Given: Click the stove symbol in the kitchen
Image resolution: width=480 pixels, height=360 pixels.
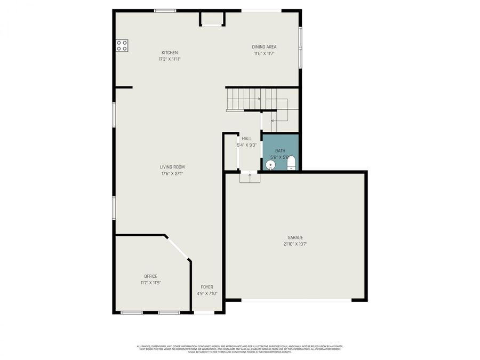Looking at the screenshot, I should (x=122, y=45).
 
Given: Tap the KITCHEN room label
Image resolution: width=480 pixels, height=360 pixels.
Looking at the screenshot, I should (x=170, y=52).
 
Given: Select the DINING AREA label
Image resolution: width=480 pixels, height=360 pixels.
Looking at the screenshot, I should (x=264, y=47).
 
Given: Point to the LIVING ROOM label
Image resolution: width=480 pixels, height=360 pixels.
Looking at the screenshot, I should (x=172, y=167).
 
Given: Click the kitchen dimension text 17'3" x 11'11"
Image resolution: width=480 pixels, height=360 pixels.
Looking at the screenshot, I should (x=170, y=59).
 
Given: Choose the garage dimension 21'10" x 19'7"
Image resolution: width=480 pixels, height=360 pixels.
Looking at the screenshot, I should (x=295, y=244).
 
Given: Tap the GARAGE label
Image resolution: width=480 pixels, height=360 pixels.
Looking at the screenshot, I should (x=295, y=237).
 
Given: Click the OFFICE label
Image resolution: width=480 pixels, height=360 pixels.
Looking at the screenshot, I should (x=150, y=276).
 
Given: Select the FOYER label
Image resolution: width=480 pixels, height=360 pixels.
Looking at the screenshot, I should (x=206, y=287).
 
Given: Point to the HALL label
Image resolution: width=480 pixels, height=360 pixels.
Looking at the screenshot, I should (x=246, y=139).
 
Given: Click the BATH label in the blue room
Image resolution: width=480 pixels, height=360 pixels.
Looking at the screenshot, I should (x=280, y=151).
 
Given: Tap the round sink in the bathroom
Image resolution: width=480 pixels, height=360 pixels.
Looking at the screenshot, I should (x=271, y=165).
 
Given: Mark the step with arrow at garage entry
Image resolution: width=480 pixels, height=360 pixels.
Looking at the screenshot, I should (x=250, y=177).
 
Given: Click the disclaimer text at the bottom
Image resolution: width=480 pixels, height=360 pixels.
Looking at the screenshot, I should (x=239, y=349).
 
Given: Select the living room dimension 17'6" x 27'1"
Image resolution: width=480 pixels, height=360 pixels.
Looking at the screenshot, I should (x=172, y=174).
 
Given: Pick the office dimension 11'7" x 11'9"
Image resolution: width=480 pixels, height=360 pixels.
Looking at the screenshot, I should (x=150, y=283).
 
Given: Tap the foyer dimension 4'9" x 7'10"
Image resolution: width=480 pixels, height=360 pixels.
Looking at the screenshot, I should (x=206, y=294).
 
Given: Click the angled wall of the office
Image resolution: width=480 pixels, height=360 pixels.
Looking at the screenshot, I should (x=178, y=248).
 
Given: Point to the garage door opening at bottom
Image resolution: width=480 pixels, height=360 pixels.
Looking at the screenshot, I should (x=296, y=300).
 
